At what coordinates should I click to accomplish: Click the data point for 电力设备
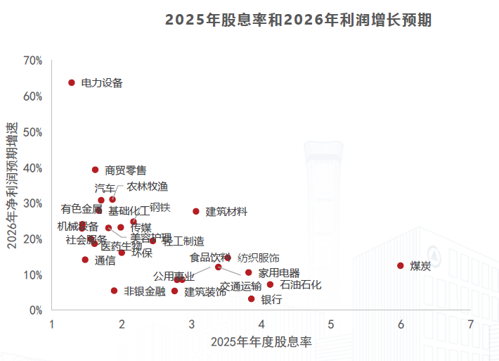pyautogui.click(x=72, y=83)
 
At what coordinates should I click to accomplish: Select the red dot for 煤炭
pyautogui.click(x=401, y=266)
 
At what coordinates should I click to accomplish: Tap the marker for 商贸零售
pyautogui.click(x=96, y=170)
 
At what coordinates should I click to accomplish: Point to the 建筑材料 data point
pyautogui.click(x=196, y=211)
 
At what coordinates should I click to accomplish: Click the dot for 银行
pyautogui.click(x=251, y=299)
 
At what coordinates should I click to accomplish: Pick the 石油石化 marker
pyautogui.click(x=270, y=285)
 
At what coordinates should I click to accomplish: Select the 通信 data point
pyautogui.click(x=85, y=260)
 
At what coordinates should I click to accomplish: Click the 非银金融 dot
pyautogui.click(x=114, y=291)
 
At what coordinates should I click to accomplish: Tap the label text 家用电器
pyautogui.click(x=279, y=273)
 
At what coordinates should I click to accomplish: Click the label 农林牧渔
pyautogui.click(x=148, y=186)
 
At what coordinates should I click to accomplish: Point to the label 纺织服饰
pyautogui.click(x=259, y=258)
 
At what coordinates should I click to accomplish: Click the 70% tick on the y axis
pyautogui.click(x=33, y=61)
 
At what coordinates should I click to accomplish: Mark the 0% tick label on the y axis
pyautogui.click(x=36, y=310)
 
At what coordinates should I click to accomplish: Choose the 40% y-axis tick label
pyautogui.click(x=33, y=168)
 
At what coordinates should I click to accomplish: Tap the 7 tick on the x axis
pyautogui.click(x=470, y=324)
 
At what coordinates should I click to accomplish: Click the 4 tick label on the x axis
pyautogui.click(x=261, y=324)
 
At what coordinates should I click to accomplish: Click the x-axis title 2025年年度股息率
pyautogui.click(x=261, y=342)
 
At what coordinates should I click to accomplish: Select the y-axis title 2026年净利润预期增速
pyautogui.click(x=12, y=186)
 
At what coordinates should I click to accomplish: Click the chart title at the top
pyautogui.click(x=298, y=20)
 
